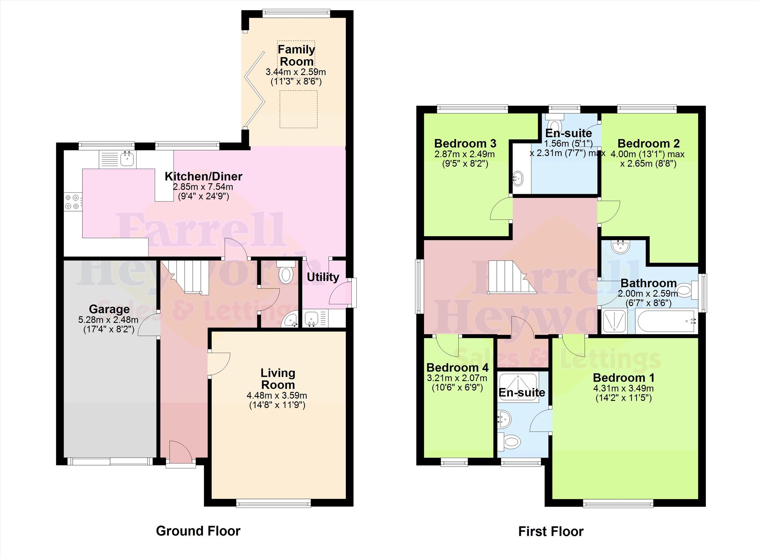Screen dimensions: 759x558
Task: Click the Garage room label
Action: point(109,309)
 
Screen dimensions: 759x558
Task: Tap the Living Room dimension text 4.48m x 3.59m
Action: point(277,395)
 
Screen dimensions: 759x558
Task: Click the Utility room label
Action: point(323,277)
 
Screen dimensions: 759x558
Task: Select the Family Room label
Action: point(296,55)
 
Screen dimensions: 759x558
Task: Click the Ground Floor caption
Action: point(198,531)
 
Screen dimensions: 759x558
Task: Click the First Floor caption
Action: point(551,532)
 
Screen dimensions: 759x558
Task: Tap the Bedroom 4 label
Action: point(458,367)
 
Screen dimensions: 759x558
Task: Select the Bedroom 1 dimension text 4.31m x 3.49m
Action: point(623,389)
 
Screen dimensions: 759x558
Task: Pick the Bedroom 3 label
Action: point(465,144)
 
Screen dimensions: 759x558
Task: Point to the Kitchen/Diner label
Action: point(204,176)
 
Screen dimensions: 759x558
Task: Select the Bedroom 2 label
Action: point(648,144)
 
